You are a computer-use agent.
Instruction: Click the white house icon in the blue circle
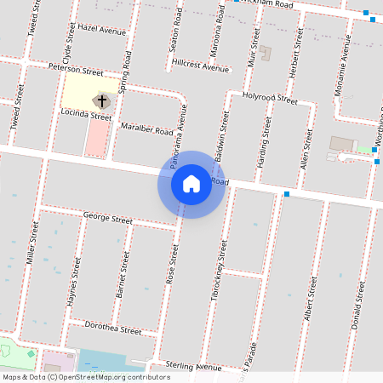tap(191, 184)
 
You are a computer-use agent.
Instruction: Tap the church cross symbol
tap(102, 101)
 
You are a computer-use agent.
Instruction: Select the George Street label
tap(108, 219)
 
